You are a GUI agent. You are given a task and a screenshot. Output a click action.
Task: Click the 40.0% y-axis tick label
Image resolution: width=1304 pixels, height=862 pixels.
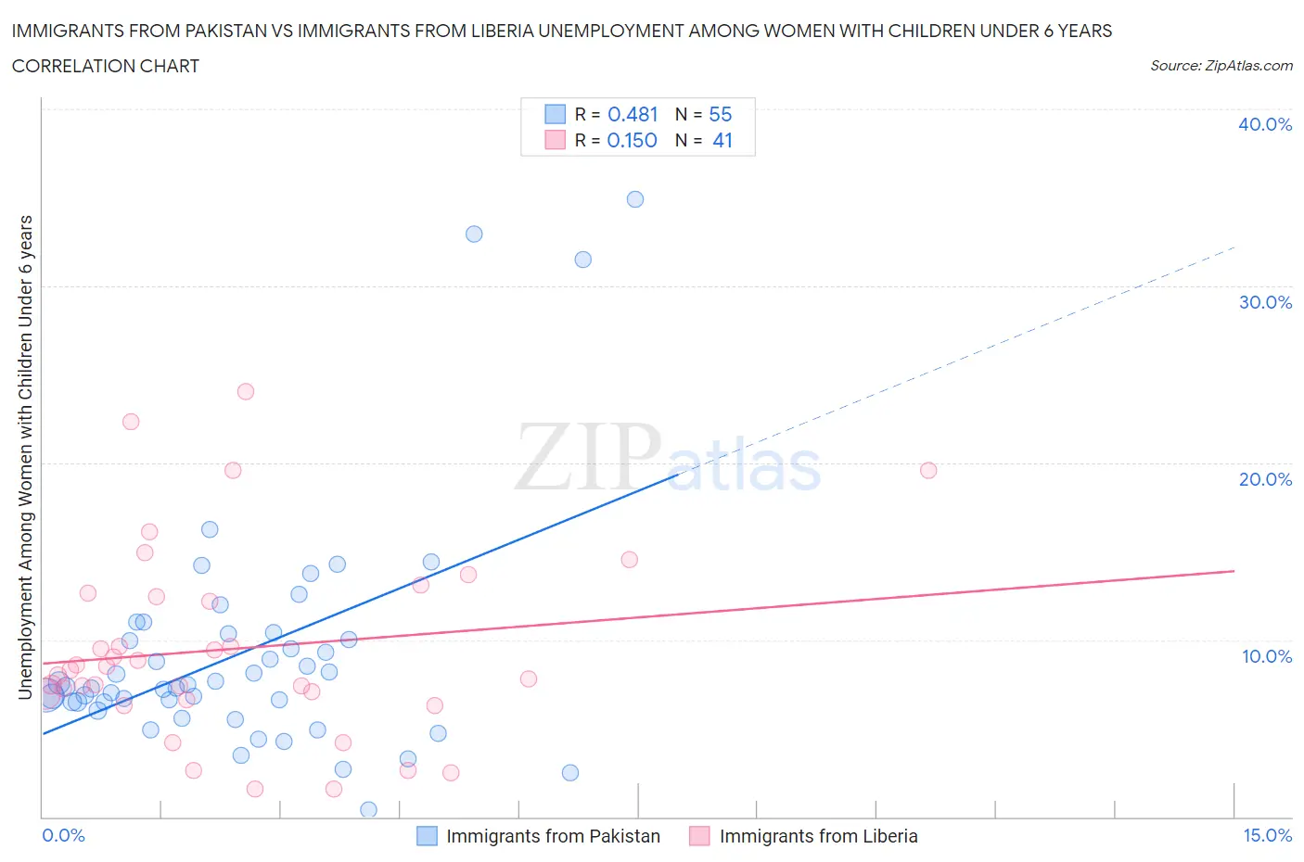tap(1265, 124)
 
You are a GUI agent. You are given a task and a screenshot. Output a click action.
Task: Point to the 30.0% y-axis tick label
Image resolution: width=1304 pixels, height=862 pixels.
tap(1265, 302)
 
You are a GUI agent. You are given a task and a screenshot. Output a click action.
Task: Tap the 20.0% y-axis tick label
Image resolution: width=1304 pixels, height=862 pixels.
tap(1265, 479)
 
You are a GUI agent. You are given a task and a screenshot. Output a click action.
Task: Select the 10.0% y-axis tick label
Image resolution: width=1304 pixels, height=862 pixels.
tap(1266, 656)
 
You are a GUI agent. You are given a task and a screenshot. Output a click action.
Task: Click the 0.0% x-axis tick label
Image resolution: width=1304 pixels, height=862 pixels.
tap(63, 835)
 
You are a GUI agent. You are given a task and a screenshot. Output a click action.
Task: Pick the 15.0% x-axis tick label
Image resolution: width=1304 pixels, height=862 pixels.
tap(1267, 835)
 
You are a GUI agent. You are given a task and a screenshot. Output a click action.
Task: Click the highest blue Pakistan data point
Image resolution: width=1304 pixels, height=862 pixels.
tap(635, 199)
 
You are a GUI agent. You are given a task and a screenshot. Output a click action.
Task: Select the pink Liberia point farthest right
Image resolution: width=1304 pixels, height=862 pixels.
tap(928, 470)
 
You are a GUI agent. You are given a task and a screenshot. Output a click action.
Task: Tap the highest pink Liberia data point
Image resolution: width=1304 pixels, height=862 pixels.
tap(246, 391)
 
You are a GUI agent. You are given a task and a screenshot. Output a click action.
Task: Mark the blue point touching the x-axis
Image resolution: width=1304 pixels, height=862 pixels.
tap(368, 810)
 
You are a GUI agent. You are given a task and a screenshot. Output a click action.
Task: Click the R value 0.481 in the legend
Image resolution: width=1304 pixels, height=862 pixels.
tap(633, 114)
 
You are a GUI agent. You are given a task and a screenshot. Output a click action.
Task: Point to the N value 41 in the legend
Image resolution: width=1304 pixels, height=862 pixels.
tap(722, 140)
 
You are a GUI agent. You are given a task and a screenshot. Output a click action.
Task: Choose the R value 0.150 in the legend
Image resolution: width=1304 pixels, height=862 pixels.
tap(632, 140)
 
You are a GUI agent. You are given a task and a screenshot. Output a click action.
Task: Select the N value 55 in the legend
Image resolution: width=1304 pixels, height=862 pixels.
tap(721, 114)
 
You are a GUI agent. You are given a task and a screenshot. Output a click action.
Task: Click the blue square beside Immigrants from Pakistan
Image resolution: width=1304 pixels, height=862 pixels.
tap(427, 836)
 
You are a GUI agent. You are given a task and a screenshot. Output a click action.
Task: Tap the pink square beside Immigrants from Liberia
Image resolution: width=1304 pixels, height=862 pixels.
tap(699, 836)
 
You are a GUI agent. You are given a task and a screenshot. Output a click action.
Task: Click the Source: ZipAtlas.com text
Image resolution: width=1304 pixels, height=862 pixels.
tap(1221, 65)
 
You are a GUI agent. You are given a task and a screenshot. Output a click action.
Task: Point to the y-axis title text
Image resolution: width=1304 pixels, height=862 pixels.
tap(26, 457)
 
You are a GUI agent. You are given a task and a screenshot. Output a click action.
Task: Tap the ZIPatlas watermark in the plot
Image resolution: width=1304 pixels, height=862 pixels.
tap(668, 458)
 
